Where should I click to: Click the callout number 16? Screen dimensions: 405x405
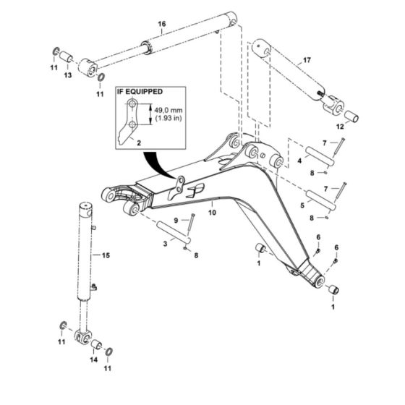pyautogui.click(x=162, y=25)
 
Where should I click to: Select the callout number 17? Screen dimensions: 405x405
pyautogui.click(x=307, y=60)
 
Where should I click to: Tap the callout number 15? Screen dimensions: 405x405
pyautogui.click(x=106, y=255)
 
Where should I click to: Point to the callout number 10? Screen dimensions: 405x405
pyautogui.click(x=212, y=213)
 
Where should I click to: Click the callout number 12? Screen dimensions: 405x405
pyautogui.click(x=340, y=127)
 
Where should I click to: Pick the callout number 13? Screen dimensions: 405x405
pyautogui.click(x=68, y=75)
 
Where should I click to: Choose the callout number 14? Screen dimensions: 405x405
pyautogui.click(x=94, y=359)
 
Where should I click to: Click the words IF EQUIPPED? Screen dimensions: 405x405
pyautogui.click(x=140, y=92)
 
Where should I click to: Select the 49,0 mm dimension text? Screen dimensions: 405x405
pyautogui.click(x=169, y=110)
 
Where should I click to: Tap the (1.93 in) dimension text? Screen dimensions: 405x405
pyautogui.click(x=169, y=118)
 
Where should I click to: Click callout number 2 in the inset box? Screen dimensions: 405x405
pyautogui.click(x=139, y=143)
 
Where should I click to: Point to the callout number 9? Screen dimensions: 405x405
pyautogui.click(x=176, y=221)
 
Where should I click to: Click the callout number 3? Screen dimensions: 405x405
pyautogui.click(x=166, y=244)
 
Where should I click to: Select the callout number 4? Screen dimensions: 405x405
pyautogui.click(x=299, y=161)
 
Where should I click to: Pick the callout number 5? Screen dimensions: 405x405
pyautogui.click(x=302, y=205)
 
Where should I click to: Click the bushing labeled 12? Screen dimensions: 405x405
pyautogui.click(x=352, y=116)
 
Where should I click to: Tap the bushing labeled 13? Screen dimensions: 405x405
pyautogui.click(x=67, y=57)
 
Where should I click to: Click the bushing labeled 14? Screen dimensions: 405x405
pyautogui.click(x=96, y=345)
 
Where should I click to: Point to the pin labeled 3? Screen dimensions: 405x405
pyautogui.click(x=174, y=232)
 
